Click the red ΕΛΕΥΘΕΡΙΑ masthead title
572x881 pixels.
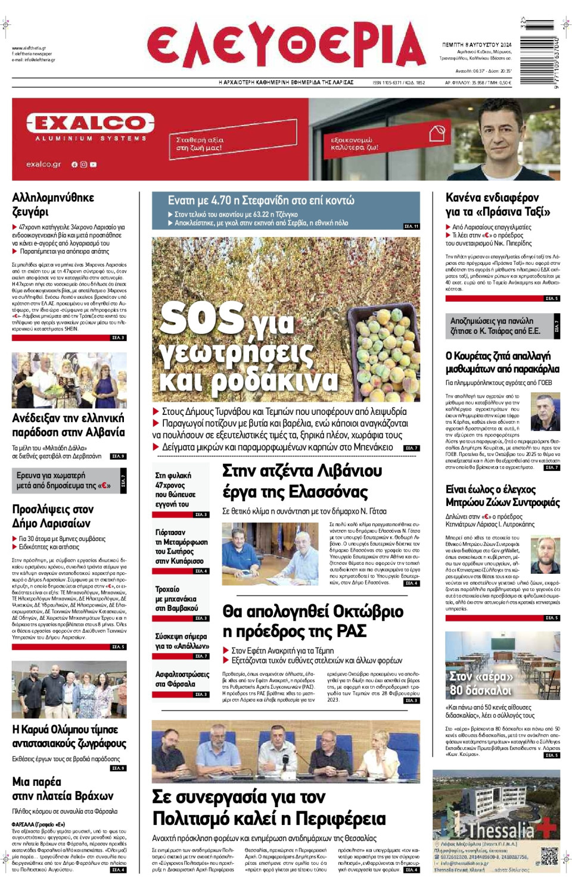point(286,45)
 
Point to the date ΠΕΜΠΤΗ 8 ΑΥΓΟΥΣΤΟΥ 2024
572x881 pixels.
point(476,45)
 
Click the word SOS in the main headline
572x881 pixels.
point(202,317)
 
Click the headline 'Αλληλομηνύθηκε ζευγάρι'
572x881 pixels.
point(53,205)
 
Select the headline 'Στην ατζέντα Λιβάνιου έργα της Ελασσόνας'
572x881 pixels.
point(302,482)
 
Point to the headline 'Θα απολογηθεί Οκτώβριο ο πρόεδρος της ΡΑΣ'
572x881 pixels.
point(313,621)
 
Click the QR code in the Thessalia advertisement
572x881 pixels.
point(549,857)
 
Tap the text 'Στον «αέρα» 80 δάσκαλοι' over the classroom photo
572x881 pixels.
point(481,683)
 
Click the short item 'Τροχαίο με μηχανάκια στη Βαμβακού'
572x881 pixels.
point(176,598)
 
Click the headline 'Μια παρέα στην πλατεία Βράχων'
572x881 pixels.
point(63,789)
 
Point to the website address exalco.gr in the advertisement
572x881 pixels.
point(43,164)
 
